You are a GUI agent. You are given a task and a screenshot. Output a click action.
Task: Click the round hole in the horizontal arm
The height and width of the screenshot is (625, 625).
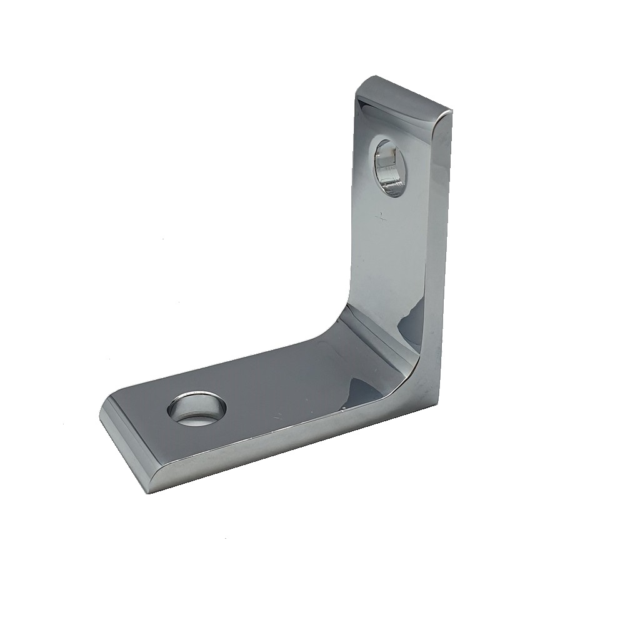click(x=196, y=410)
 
